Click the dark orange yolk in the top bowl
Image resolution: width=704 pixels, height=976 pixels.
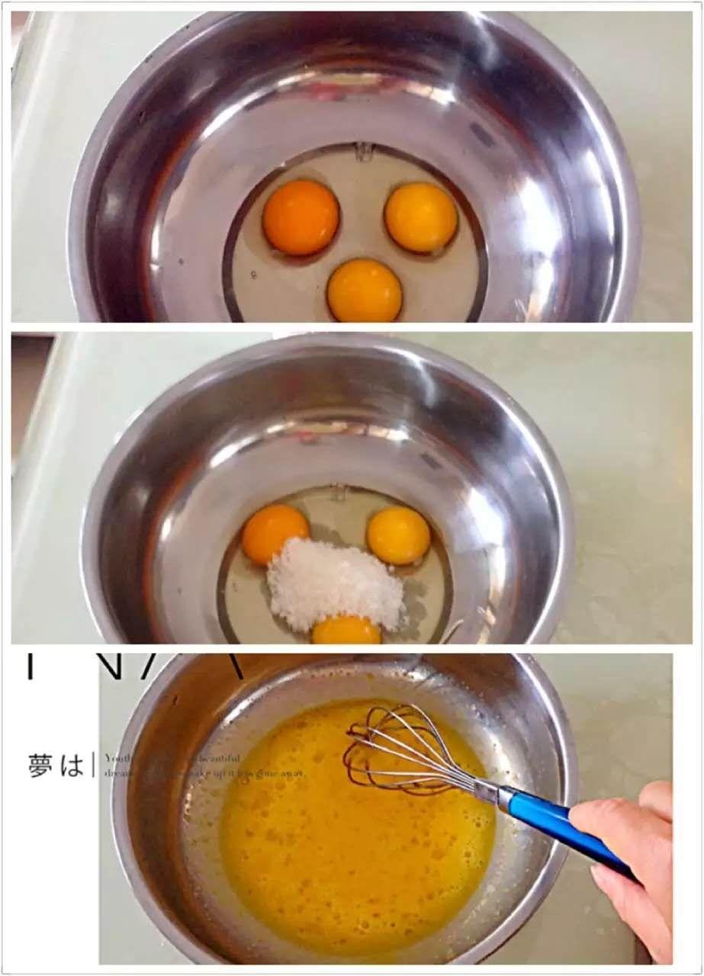[301, 217]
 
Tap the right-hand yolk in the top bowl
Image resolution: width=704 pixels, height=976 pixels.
[421, 217]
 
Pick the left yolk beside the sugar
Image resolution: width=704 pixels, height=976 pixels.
[275, 533]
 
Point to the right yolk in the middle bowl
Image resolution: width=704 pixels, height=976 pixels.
[398, 535]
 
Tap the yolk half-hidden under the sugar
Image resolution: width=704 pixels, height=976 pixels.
[346, 631]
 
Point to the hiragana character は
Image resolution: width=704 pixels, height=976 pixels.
[72, 765]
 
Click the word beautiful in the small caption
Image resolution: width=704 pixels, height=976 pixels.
[221, 758]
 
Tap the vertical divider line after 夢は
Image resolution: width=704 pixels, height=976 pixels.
[93, 765]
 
